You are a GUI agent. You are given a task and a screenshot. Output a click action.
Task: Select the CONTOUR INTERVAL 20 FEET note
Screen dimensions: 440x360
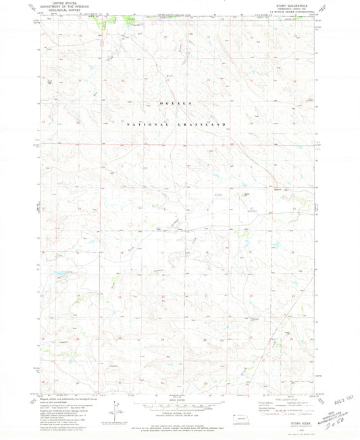pos(179,414)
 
